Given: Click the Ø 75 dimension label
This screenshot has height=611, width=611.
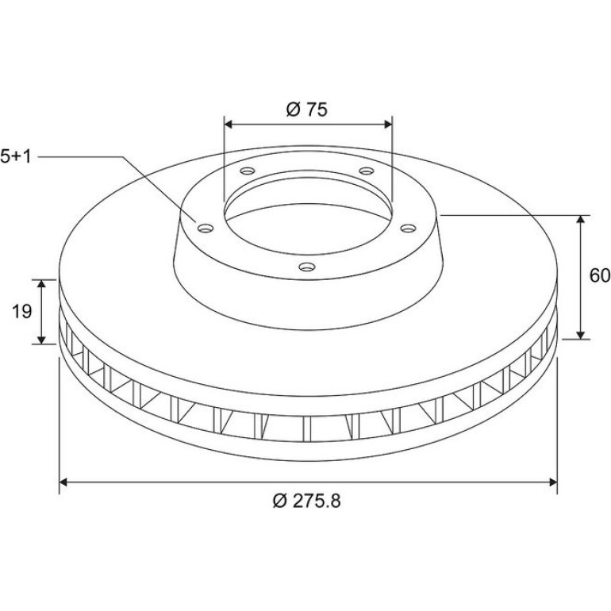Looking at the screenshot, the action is click(306, 110).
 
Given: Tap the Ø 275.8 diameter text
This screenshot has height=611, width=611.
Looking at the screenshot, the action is click(306, 501).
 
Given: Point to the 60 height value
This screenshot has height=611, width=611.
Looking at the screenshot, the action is click(600, 276).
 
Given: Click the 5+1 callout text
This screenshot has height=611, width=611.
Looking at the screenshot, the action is click(16, 156).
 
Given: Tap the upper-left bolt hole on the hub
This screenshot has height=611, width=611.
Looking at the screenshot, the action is click(247, 171).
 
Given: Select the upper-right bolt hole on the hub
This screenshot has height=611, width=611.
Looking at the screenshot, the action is click(367, 171).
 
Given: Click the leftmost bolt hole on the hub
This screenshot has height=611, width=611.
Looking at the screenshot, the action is click(206, 228).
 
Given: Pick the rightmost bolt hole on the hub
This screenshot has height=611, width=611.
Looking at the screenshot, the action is click(409, 228).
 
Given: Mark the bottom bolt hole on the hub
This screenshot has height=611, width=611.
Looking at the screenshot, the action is click(307, 267).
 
